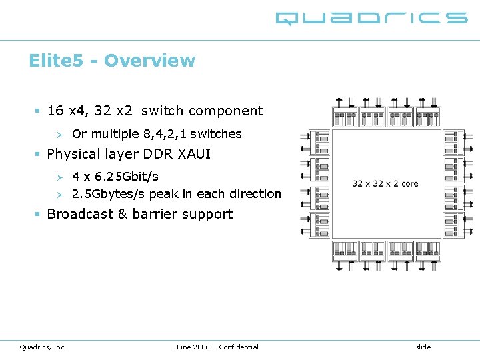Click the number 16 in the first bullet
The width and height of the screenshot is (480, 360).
(55, 111)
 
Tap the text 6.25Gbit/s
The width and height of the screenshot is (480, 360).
(125, 177)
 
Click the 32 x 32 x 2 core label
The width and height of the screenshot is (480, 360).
(385, 183)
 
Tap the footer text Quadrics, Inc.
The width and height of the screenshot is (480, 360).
(43, 347)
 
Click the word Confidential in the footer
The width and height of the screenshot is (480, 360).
(238, 347)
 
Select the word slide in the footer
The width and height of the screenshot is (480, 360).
(423, 347)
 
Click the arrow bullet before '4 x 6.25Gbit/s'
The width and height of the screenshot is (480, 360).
(59, 177)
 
